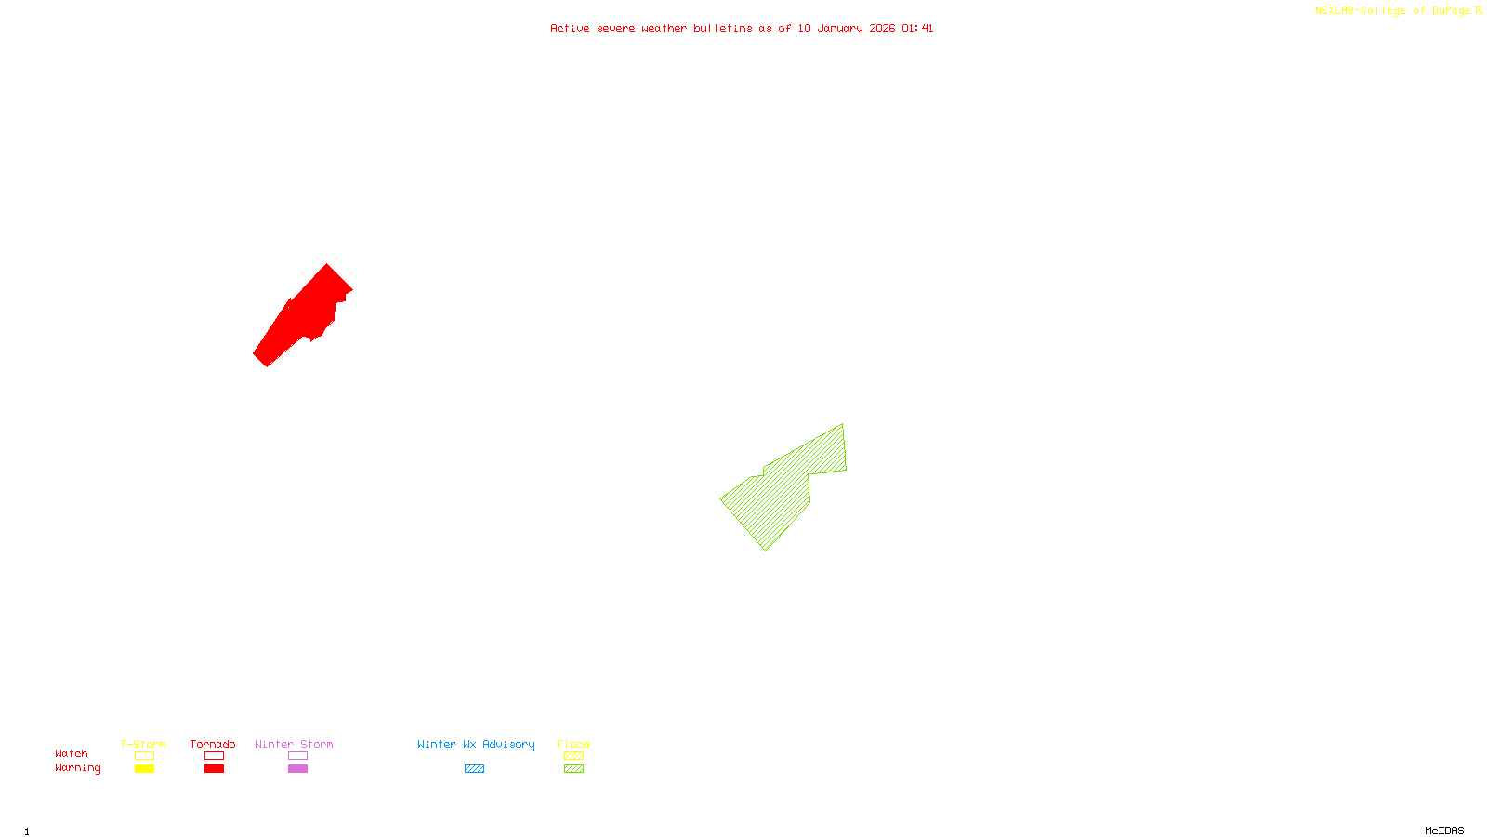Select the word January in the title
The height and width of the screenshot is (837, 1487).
click(840, 28)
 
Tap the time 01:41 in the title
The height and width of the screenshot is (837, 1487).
click(917, 28)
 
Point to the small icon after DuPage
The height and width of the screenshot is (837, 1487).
click(1479, 10)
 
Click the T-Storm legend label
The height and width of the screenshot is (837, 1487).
click(143, 744)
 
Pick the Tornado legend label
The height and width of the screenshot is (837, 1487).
click(213, 744)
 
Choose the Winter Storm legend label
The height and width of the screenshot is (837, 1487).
click(294, 744)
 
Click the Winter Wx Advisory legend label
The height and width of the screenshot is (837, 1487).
click(476, 744)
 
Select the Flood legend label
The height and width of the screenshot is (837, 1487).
click(573, 744)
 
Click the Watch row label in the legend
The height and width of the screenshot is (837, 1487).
click(72, 753)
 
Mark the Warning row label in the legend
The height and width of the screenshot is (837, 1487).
click(77, 768)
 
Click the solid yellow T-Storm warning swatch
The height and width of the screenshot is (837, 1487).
click(144, 769)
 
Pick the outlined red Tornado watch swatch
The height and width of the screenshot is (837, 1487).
click(214, 756)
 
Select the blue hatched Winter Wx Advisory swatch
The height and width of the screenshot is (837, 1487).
click(474, 769)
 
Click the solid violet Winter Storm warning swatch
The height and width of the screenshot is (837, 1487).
click(297, 769)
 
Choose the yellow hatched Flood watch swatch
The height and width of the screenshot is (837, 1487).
click(573, 756)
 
